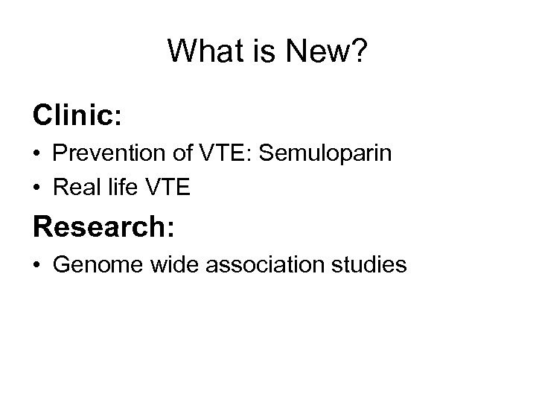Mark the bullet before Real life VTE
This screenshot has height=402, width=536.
[x=37, y=189]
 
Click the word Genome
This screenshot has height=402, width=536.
[x=92, y=264]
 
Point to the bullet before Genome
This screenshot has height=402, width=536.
[x=37, y=265]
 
